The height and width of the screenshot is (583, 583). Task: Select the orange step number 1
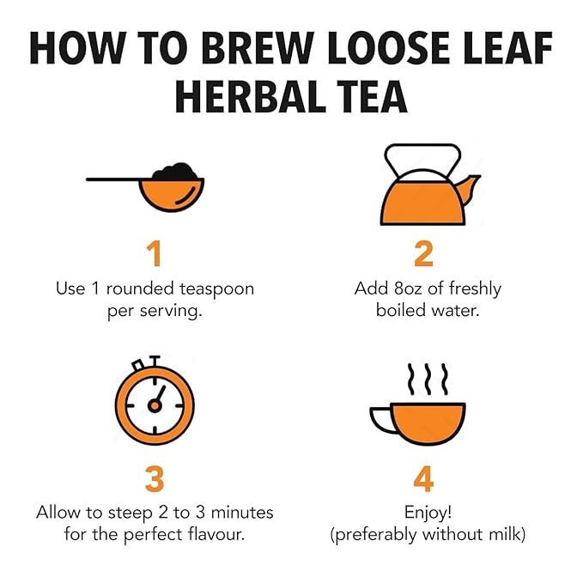tap(155, 253)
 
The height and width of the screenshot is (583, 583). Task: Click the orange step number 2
tap(424, 253)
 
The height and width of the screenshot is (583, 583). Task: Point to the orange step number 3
tap(155, 479)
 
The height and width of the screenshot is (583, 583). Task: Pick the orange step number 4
tap(423, 479)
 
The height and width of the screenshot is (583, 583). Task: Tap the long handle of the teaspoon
tap(113, 179)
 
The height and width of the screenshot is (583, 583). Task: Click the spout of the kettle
tap(471, 188)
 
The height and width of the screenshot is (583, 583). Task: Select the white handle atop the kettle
tap(422, 149)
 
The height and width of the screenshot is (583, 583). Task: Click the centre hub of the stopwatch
tap(155, 405)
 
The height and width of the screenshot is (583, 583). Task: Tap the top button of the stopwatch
tap(155, 361)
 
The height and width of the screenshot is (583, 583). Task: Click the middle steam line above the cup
tap(428, 379)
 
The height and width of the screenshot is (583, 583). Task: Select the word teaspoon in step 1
tap(216, 289)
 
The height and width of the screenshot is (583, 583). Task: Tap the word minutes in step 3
tap(242, 513)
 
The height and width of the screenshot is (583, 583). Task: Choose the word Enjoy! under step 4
tap(428, 513)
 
